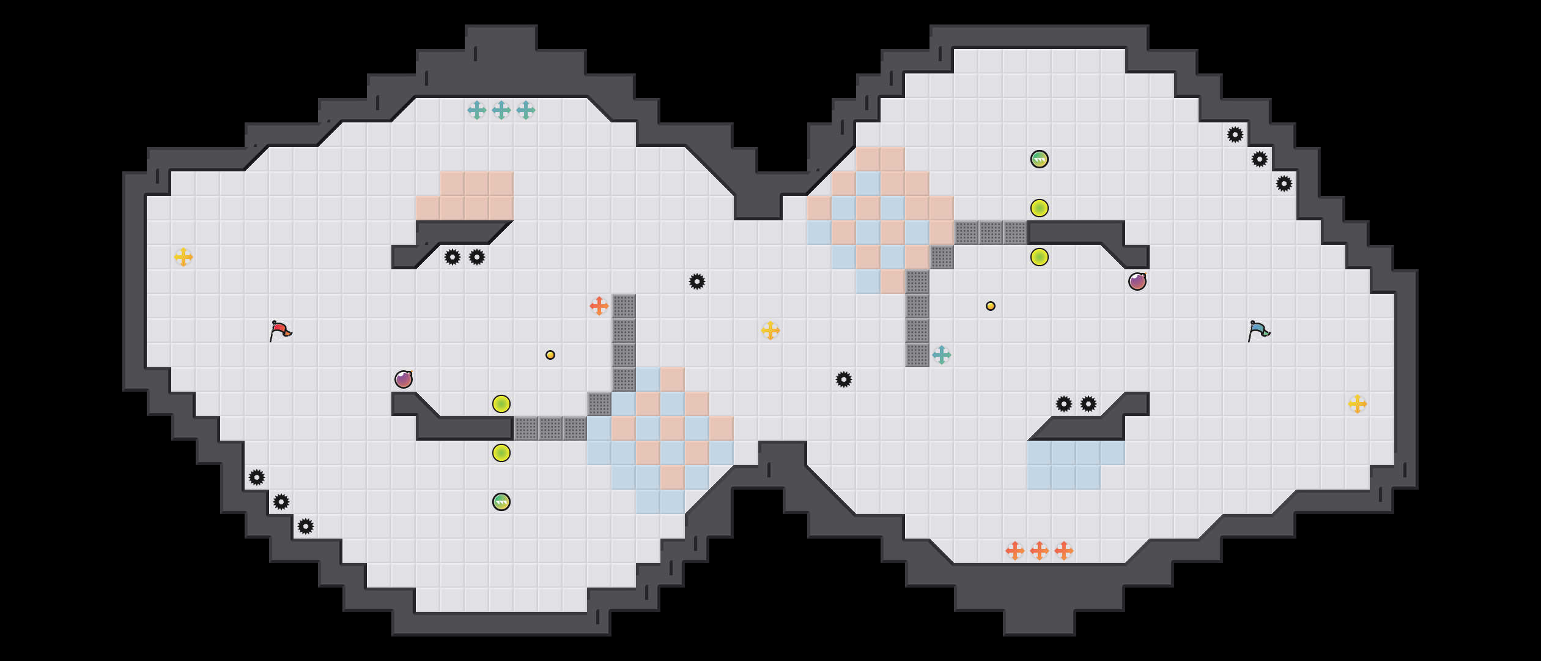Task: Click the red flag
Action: (280, 330)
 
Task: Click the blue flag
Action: (1258, 330)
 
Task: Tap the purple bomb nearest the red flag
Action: (404, 379)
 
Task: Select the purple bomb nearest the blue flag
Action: (1137, 282)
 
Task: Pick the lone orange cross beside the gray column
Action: (599, 306)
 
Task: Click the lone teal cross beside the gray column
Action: (942, 355)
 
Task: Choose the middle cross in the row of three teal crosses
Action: (501, 110)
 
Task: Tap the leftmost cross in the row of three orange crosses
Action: (1015, 551)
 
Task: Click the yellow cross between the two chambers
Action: (771, 330)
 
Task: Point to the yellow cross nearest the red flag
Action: (183, 257)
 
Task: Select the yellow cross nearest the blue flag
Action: (1358, 404)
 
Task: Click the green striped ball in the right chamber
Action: (1040, 159)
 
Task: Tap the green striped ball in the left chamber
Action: (501, 502)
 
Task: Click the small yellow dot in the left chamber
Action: (550, 355)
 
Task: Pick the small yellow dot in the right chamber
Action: (991, 306)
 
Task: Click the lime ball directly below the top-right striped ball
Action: (1040, 208)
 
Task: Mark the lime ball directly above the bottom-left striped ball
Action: (501, 453)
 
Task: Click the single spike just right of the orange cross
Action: (697, 282)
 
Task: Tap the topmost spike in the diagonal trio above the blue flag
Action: (1235, 135)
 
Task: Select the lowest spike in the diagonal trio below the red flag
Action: (306, 526)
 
